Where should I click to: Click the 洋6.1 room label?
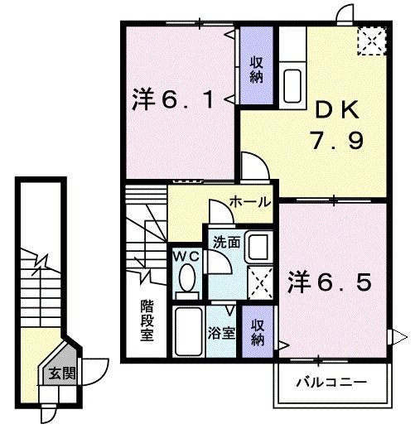[x=173, y=99]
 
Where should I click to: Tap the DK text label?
[x=337, y=108]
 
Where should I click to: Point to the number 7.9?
[x=337, y=140]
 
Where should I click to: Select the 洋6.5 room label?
[x=329, y=282]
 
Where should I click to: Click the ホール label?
[x=250, y=201]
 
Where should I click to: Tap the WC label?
[x=186, y=257]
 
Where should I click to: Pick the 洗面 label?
[x=226, y=242]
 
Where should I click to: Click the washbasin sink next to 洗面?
[x=258, y=247]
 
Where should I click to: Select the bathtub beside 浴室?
[x=188, y=331]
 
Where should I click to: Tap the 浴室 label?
[x=221, y=333]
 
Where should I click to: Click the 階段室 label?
[x=147, y=320]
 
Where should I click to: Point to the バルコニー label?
[x=332, y=383]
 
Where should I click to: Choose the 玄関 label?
[x=62, y=374]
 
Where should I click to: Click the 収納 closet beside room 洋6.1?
[x=257, y=65]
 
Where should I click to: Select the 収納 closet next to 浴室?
[x=258, y=331]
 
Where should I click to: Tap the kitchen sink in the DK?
[x=292, y=85]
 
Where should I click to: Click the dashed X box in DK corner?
[x=372, y=41]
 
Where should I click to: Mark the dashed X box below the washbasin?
[x=260, y=282]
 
